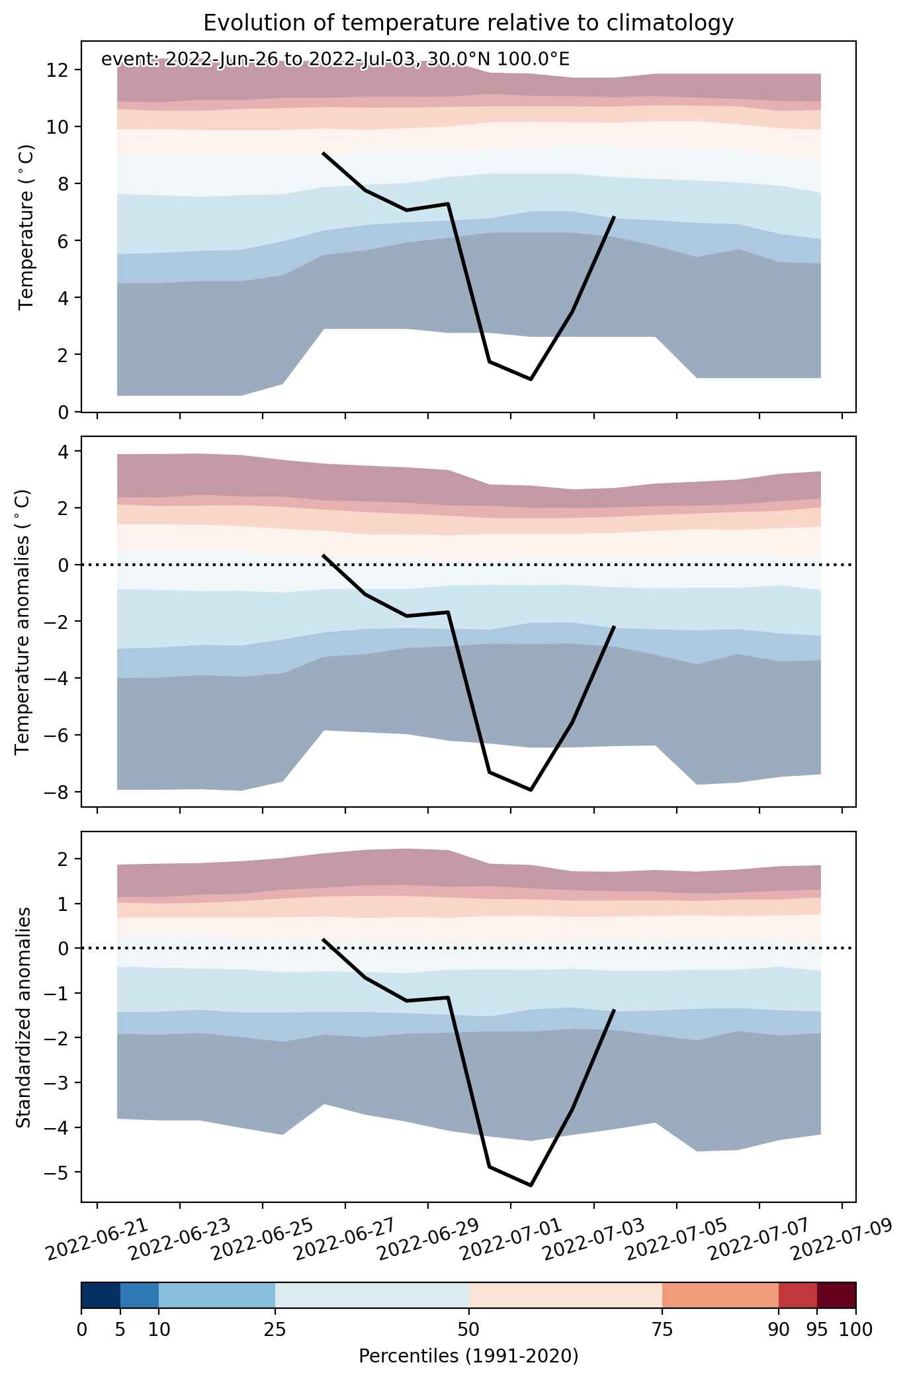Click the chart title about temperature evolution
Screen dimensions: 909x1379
468,23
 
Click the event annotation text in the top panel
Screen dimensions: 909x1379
335,60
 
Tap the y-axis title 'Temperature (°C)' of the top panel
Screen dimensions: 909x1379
26,227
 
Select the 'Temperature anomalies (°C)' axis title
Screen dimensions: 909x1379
22,622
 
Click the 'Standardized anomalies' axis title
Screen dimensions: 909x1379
22,1018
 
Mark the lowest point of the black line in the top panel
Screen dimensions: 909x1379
531,379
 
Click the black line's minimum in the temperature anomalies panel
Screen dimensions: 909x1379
531,790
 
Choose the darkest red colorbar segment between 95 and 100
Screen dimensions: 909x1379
836,1296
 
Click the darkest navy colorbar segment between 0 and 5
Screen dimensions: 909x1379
101,1296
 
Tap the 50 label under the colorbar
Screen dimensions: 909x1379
468,1329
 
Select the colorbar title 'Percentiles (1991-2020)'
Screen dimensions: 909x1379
468,1356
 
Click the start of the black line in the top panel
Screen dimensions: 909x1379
323,153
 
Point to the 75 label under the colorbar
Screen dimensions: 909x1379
662,1329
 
